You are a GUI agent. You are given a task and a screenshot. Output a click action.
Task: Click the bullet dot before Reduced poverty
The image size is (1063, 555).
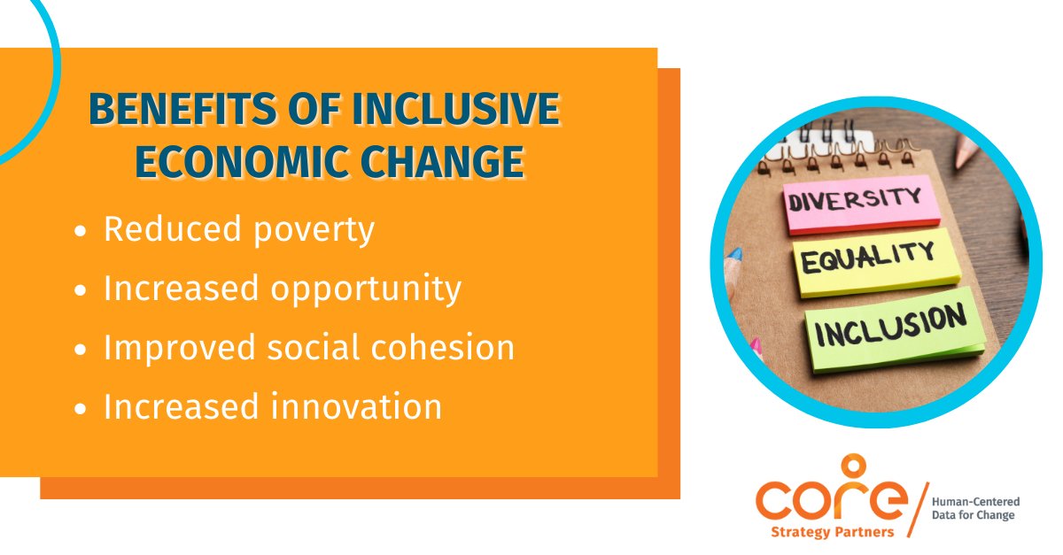point(81,232)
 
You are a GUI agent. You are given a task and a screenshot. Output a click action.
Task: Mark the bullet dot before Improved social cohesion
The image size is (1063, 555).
point(81,350)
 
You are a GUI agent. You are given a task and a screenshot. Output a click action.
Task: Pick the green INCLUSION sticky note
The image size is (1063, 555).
point(895,328)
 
